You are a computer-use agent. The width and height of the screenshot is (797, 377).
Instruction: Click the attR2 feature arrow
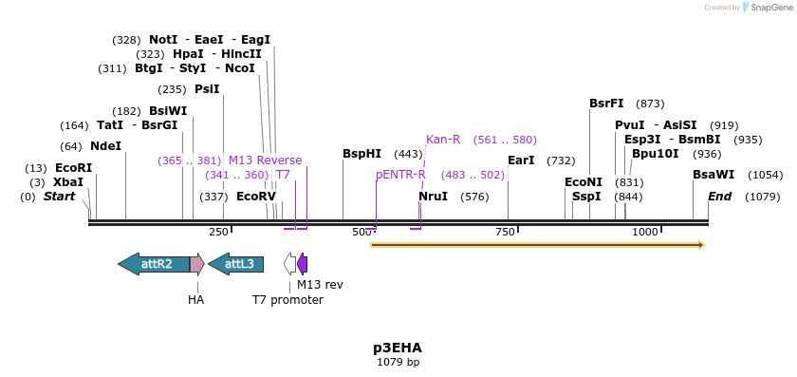(154, 264)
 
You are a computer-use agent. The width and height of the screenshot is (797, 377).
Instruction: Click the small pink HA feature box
(196, 264)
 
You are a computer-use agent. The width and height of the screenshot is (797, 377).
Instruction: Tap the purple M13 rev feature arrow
(303, 264)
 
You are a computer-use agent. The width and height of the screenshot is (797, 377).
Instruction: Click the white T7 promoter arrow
(289, 264)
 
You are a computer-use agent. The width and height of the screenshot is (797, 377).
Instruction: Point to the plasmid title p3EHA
(398, 348)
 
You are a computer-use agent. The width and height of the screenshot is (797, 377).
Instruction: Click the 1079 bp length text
(398, 362)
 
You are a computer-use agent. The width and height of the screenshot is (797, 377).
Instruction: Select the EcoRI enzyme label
(73, 168)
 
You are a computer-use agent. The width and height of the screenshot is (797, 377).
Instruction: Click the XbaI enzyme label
(68, 182)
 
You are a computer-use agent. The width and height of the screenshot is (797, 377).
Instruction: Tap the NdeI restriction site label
(105, 146)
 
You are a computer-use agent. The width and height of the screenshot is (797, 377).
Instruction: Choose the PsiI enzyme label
(207, 89)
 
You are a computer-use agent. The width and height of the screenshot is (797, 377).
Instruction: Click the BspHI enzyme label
(361, 154)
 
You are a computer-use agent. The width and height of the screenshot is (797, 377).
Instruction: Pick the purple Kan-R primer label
(443, 140)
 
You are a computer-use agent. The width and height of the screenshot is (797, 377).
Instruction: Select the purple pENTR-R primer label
(400, 175)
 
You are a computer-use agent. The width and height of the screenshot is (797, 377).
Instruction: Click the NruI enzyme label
(434, 197)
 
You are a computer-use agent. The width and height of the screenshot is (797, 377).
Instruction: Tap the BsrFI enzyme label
(606, 104)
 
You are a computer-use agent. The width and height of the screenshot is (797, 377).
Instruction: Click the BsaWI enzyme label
(714, 175)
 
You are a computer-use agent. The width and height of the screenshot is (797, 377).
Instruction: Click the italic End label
(719, 197)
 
